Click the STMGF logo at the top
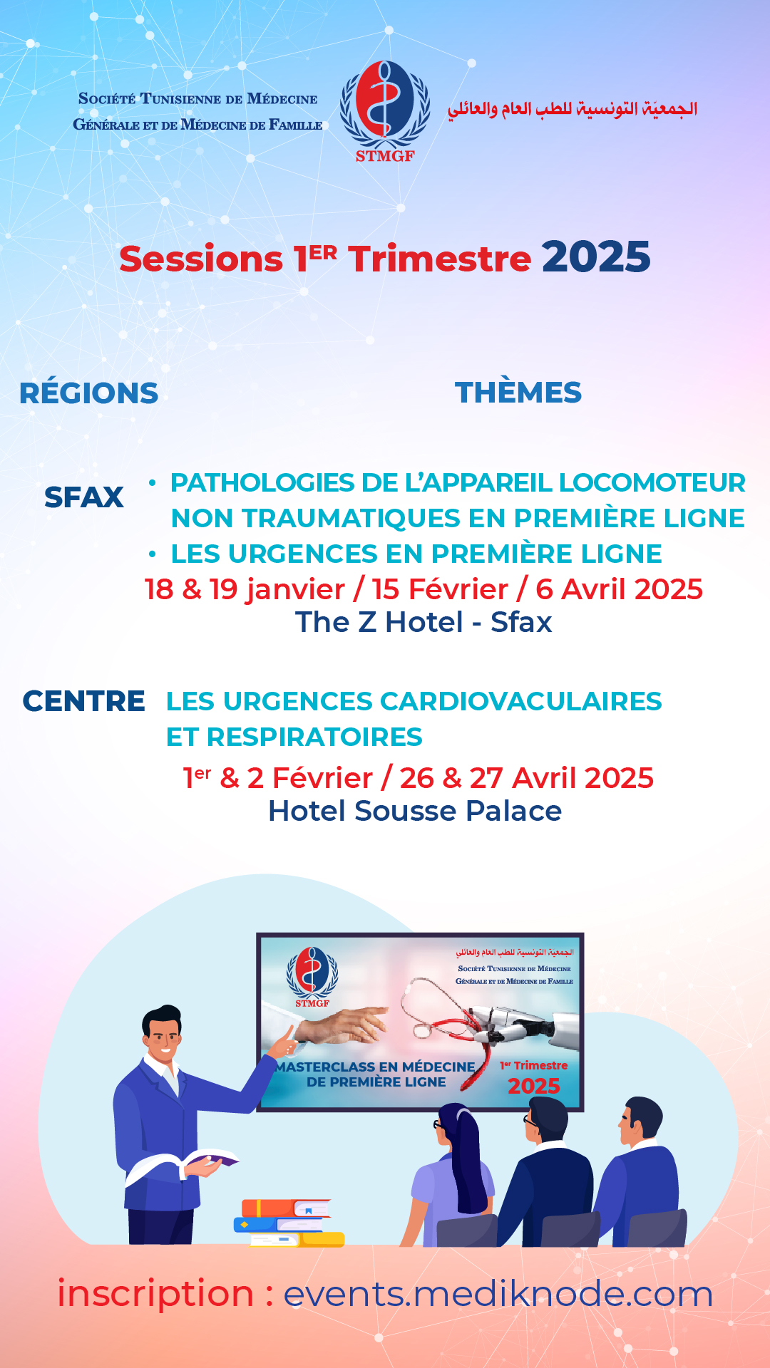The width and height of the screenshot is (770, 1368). coord(385,111)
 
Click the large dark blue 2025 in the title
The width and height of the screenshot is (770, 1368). coord(596,257)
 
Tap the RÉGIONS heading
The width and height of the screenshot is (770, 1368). coord(89,393)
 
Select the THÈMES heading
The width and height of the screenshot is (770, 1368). coord(518,392)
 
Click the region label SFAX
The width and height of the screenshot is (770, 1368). coord(84,497)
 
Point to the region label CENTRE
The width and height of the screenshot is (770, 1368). coord(84,701)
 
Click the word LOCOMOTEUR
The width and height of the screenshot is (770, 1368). coord(652,482)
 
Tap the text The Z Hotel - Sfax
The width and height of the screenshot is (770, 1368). coord(423,622)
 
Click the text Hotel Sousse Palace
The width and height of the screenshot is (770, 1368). coord(415,811)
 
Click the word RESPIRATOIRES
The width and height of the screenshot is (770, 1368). coord(314,737)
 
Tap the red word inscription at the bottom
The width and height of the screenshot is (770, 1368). coord(155,1293)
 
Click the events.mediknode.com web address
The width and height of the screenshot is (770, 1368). coord(498,1294)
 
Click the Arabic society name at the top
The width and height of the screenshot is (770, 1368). coord(573,109)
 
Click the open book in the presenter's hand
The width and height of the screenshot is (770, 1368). coord(187,1159)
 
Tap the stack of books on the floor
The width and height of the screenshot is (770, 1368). coord(289,1223)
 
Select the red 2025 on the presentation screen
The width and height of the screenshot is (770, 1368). coord(534,1086)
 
